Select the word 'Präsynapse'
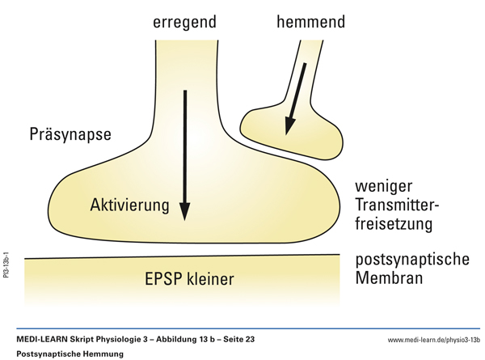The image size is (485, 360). pyautogui.click(x=69, y=132)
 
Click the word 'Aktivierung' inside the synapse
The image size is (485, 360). pyautogui.click(x=129, y=205)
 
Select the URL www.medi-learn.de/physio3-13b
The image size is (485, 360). pyautogui.click(x=433, y=340)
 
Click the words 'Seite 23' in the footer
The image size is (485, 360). pyautogui.click(x=237, y=340)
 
